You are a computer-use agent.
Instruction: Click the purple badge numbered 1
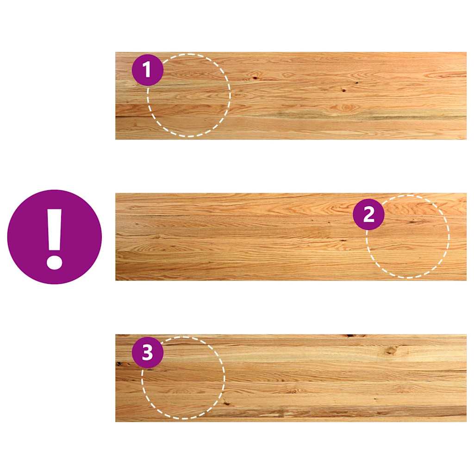coord(148,70)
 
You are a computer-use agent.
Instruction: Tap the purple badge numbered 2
coord(368,215)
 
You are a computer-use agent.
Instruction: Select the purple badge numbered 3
coord(148,352)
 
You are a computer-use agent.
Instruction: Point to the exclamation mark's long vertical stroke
coord(55,230)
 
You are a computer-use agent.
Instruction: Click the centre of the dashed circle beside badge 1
coord(189,95)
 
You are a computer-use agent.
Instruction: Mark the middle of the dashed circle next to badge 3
coord(183,378)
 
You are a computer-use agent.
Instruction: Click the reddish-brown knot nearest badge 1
coord(256,77)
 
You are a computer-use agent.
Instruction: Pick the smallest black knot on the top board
coord(357,82)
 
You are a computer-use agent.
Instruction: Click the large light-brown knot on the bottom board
coord(391,351)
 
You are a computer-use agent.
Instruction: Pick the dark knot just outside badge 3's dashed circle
coord(226,403)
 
